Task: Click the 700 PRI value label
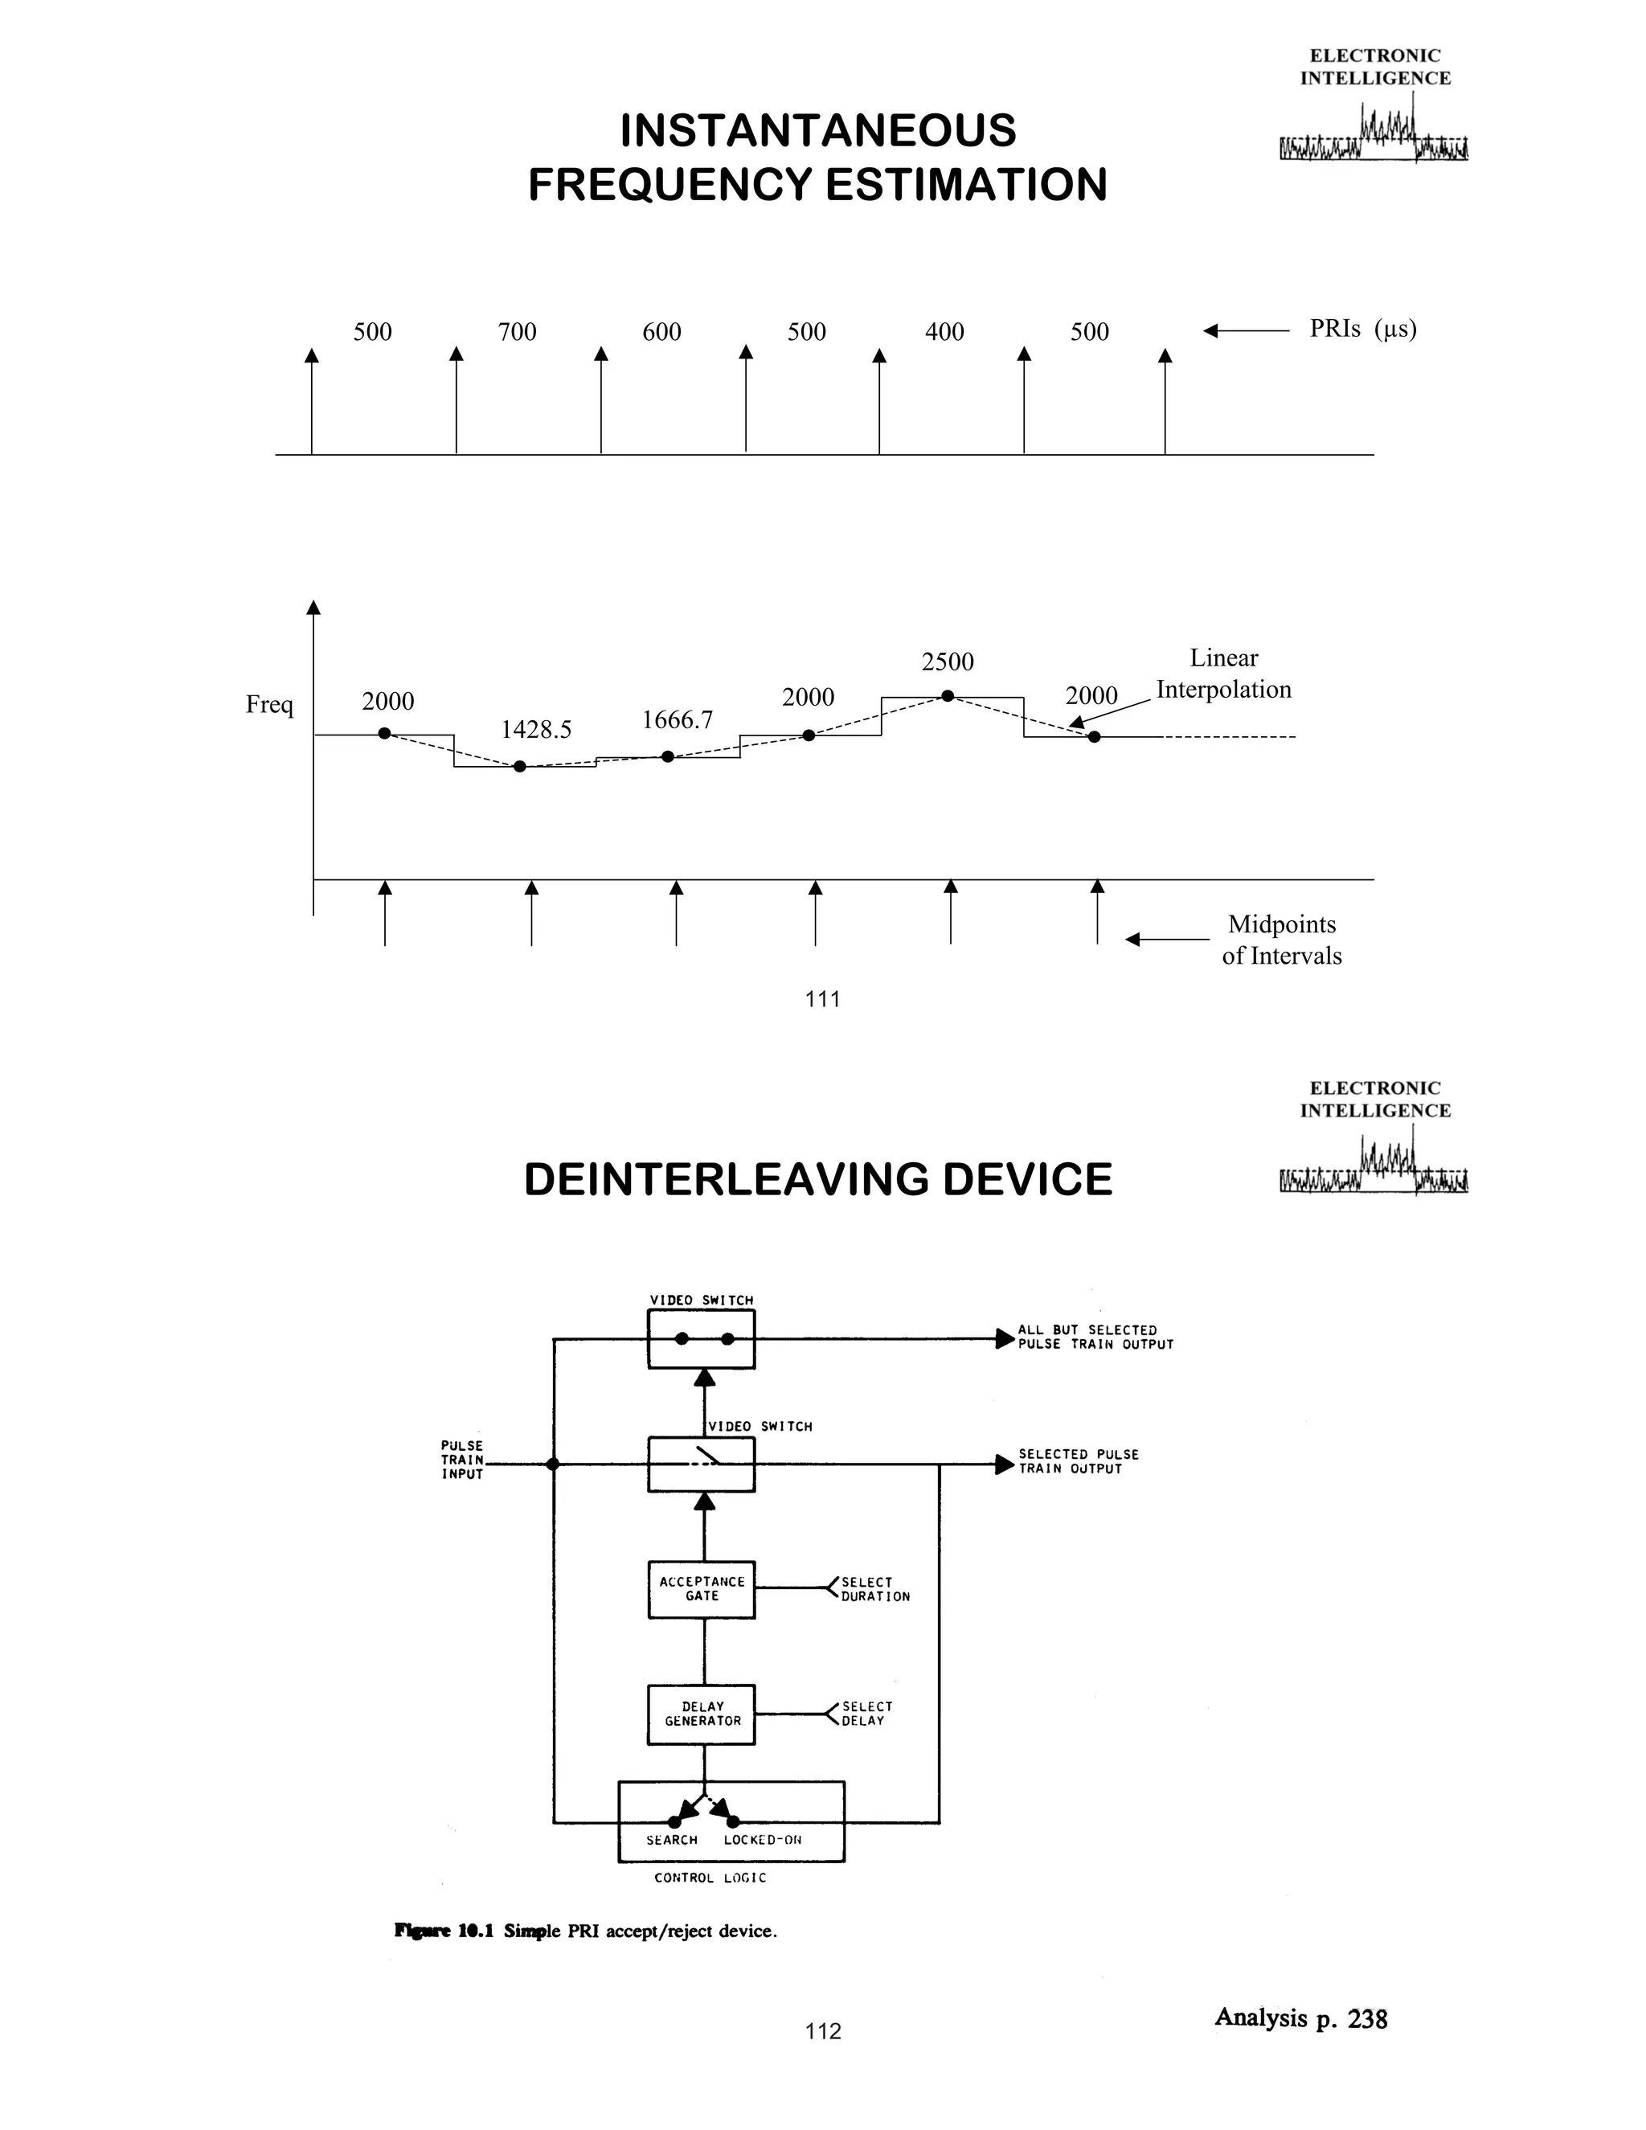(x=517, y=333)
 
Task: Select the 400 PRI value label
(x=944, y=333)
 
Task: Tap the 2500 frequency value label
(x=947, y=662)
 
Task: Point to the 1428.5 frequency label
(x=535, y=730)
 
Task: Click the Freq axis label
(x=269, y=704)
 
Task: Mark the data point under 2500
(x=947, y=695)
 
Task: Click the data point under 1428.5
(x=520, y=767)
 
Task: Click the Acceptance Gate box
(x=701, y=1590)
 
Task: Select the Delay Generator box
(x=701, y=1714)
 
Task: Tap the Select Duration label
(x=874, y=1590)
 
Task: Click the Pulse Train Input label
(x=461, y=1460)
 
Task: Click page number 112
(x=823, y=2031)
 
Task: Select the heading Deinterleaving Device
(x=817, y=1180)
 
